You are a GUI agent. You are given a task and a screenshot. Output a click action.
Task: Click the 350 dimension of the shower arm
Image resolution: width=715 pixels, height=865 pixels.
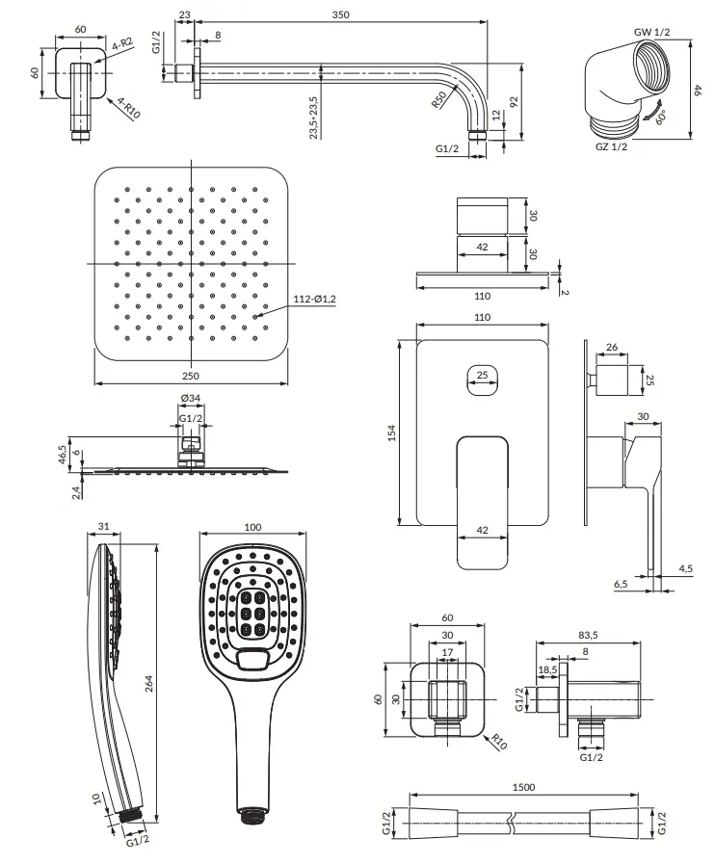click(x=340, y=14)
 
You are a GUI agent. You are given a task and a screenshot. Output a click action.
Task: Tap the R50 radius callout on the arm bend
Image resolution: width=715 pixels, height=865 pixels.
click(x=439, y=99)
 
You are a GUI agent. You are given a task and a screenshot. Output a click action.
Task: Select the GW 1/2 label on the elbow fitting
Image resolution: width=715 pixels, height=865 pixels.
click(x=651, y=32)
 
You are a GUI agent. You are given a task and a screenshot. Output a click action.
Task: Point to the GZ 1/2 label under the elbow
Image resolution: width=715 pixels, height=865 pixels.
click(x=611, y=146)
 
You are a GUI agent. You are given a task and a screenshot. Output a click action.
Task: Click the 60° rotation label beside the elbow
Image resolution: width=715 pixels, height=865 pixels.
click(x=661, y=117)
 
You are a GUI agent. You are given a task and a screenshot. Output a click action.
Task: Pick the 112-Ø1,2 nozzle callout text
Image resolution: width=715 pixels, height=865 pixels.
click(x=314, y=299)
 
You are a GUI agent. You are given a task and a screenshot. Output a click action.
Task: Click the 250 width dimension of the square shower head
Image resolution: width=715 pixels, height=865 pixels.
click(x=191, y=376)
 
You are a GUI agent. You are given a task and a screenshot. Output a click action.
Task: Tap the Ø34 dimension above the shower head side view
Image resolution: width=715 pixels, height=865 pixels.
click(x=191, y=398)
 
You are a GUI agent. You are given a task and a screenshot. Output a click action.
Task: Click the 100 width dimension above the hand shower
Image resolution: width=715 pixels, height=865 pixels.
click(x=252, y=527)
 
